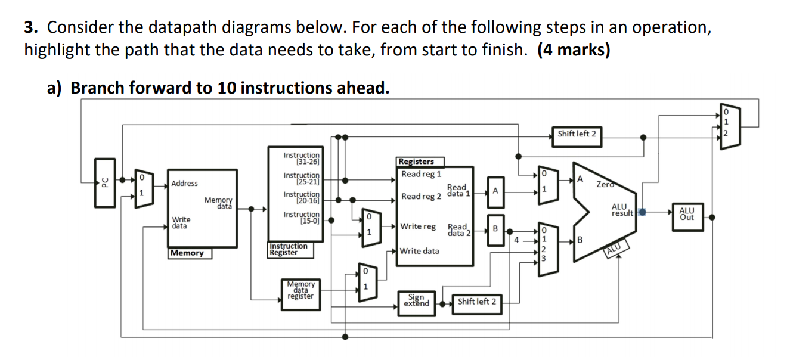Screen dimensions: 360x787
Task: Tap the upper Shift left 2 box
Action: [x=577, y=134]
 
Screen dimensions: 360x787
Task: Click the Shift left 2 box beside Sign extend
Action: [x=476, y=302]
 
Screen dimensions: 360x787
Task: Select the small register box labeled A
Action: [x=495, y=191]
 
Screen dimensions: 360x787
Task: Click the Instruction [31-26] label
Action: [x=302, y=158]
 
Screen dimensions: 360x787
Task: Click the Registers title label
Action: [x=416, y=162]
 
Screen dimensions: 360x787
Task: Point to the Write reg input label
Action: [x=418, y=226]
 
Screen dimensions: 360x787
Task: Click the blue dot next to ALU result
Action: [x=642, y=212]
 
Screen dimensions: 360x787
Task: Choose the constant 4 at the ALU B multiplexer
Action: [x=517, y=240]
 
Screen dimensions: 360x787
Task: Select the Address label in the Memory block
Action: [x=185, y=183]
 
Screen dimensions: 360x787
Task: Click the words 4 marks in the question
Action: [x=574, y=49]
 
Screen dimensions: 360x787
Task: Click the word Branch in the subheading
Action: [x=94, y=88]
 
